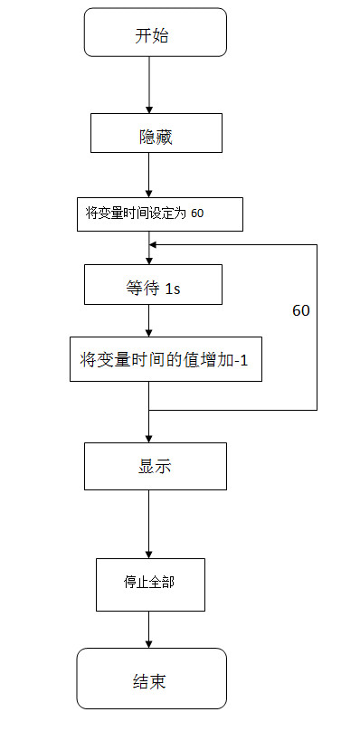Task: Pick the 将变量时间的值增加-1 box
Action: tap(166, 359)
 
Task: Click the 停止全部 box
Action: tap(150, 584)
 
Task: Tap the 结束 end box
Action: tap(150, 679)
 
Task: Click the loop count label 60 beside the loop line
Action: tap(301, 310)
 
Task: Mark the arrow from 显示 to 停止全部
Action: tap(149, 525)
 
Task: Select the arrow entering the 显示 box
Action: tap(149, 425)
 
